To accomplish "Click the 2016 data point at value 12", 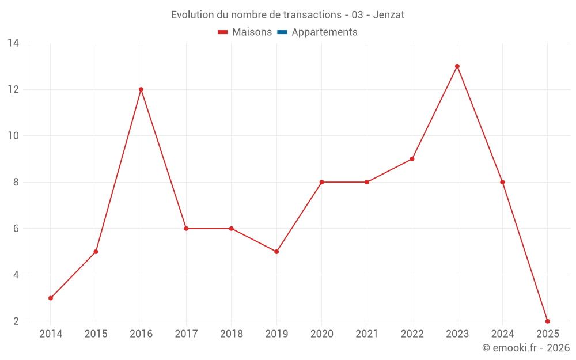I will pos(141,89).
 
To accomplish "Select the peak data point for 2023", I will pos(457,66).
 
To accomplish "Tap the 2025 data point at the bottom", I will pos(547,321).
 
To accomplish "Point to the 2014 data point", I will pos(51,298).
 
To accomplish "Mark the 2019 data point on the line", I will pos(276,252).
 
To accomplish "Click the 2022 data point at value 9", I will pos(412,159).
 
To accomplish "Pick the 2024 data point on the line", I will pos(502,182).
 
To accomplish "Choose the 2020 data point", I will pos(321,182).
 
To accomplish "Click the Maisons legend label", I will pos(252,32).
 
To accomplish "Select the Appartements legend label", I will pos(324,32).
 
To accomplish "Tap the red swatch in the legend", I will pos(223,32).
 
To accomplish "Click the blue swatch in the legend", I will pos(282,32).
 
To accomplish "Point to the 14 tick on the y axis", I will pos(13,43).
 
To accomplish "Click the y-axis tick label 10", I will pos(13,136).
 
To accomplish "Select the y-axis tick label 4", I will pos(16,275).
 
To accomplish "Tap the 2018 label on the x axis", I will pos(231,334).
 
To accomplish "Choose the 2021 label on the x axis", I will pos(367,334).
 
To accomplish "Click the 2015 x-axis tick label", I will pos(96,334).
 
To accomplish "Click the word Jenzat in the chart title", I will pos(389,15).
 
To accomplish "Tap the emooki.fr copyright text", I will pos(525,348).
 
